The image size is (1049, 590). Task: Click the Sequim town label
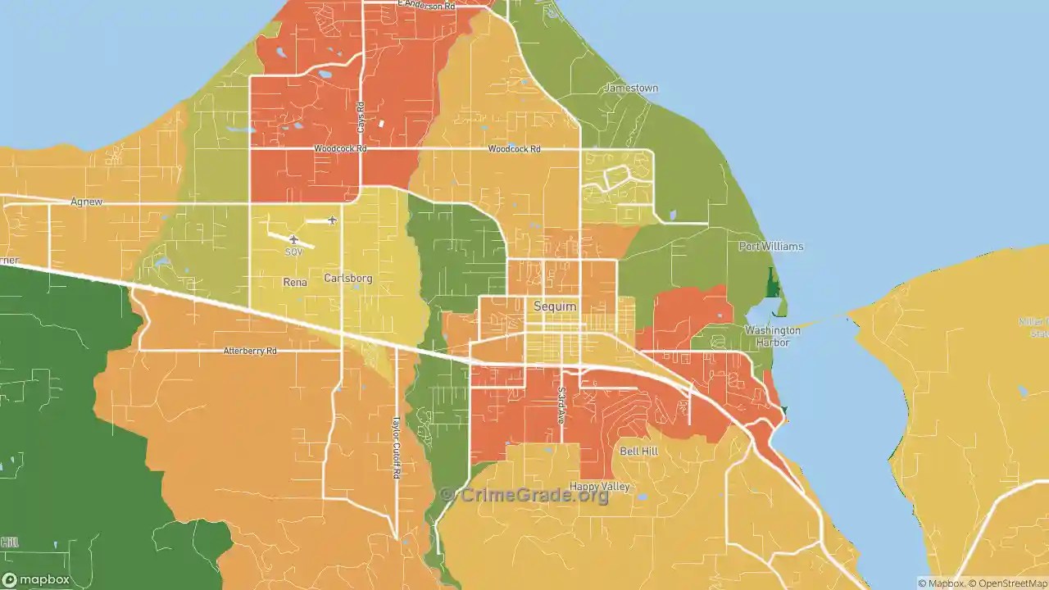pos(555,306)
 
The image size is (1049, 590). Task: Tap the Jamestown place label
pos(631,88)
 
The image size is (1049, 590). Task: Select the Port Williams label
pos(770,246)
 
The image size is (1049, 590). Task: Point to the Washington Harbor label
pos(772,336)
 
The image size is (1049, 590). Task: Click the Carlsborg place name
pos(348,278)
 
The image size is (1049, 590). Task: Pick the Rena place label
pos(295,282)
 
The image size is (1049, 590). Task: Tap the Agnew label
pos(86,202)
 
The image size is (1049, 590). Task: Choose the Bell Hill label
pos(638,452)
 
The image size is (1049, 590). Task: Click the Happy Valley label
pos(599,487)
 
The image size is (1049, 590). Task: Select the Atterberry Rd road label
pos(250,351)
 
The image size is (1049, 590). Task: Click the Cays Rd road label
pos(360,117)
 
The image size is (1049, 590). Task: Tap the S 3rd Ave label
pos(561,405)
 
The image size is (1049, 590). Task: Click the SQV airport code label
pos(294,252)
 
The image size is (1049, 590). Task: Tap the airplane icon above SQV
pos(293,239)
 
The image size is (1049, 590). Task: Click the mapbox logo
pos(37,579)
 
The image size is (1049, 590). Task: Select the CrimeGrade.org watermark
pos(524,495)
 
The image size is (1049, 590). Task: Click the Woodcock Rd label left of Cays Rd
pos(340,149)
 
